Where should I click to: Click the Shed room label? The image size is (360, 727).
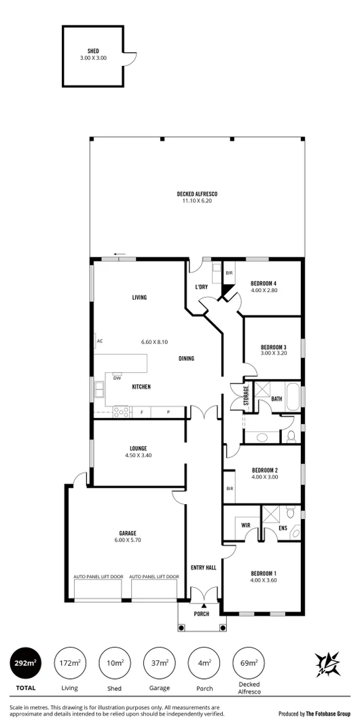pos(93,51)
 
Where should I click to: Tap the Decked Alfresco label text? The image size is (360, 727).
pos(197,194)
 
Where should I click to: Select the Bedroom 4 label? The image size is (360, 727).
pos(264,283)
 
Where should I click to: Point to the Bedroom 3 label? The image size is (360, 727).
pos(274,347)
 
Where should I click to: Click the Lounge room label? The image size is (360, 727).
pos(139,448)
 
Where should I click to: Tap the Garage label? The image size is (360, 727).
pos(128,533)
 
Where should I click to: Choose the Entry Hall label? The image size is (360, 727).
pos(203,568)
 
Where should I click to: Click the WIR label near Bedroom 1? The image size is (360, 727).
pos(246,525)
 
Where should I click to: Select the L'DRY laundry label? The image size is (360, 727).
pos(201,287)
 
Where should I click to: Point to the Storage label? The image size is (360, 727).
pos(247,397)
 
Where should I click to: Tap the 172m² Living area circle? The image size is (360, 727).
pos(69,663)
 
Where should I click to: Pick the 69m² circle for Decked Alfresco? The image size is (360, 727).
pos(249,663)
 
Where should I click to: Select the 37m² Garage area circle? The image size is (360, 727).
pos(159,663)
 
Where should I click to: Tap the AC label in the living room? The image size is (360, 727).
pos(99,340)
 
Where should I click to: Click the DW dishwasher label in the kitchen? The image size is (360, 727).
pos(118,378)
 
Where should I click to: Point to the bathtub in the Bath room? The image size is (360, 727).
pos(293,395)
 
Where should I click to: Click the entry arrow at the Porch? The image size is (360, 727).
pos(203,605)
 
